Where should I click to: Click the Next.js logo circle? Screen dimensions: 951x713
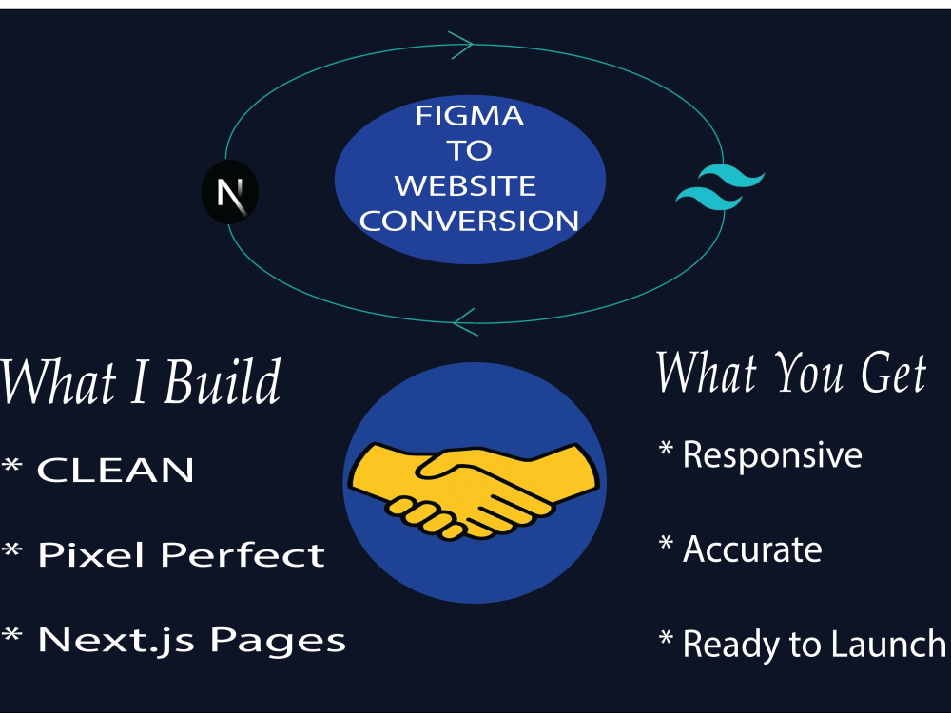[x=230, y=192]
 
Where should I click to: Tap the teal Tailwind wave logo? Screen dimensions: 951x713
[x=721, y=186]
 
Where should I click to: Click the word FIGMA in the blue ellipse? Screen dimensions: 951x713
[x=470, y=116]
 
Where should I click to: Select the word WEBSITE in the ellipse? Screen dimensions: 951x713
[x=466, y=185]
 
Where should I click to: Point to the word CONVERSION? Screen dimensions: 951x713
[x=469, y=221]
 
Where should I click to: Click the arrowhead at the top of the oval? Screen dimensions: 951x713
[x=462, y=45]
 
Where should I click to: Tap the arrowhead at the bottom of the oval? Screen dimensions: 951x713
[x=465, y=322]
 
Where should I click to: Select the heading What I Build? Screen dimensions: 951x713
[x=140, y=381]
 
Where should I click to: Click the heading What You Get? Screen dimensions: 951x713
[x=791, y=373]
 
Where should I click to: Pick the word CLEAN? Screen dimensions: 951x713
[x=115, y=470]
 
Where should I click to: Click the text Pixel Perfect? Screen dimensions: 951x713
[x=182, y=554]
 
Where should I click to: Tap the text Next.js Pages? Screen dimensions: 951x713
[x=192, y=640]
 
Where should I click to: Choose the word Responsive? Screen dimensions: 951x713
[x=772, y=454]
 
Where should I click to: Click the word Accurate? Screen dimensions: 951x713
[x=752, y=549]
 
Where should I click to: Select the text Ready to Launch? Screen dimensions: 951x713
[x=814, y=644]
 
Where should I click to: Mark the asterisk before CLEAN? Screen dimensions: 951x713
[x=12, y=466]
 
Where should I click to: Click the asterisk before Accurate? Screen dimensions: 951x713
[x=666, y=543]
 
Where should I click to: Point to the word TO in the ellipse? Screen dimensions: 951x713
[x=470, y=150]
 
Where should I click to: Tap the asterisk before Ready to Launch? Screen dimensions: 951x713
[x=666, y=637]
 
